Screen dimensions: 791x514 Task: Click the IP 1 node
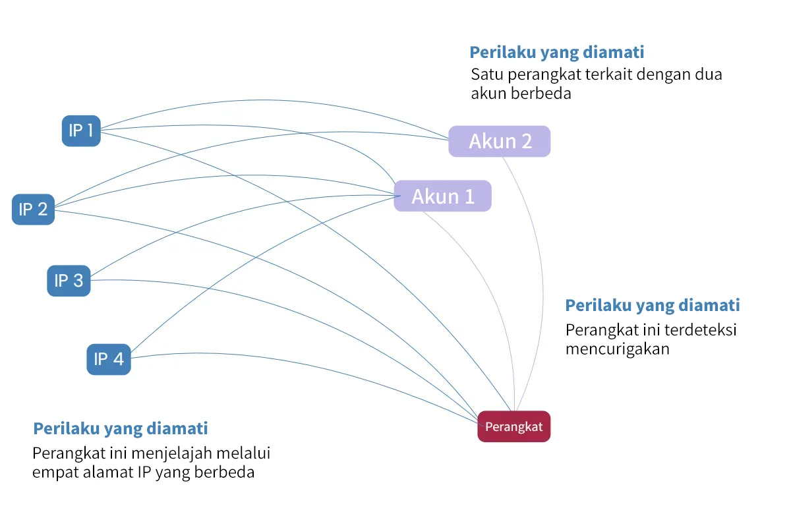(81, 130)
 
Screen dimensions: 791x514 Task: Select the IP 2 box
(33, 210)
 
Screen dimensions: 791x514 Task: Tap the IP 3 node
(69, 281)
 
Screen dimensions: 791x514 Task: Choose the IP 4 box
(109, 359)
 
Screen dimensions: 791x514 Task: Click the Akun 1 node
(442, 196)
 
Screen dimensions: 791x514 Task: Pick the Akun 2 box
(500, 141)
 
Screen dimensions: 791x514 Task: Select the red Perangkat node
(513, 426)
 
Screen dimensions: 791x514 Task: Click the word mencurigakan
(617, 349)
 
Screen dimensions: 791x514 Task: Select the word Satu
(487, 74)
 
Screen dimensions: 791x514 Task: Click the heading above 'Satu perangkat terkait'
(557, 53)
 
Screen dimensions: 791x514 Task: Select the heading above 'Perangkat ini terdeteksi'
(653, 306)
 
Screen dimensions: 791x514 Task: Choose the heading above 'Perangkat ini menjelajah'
(121, 429)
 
